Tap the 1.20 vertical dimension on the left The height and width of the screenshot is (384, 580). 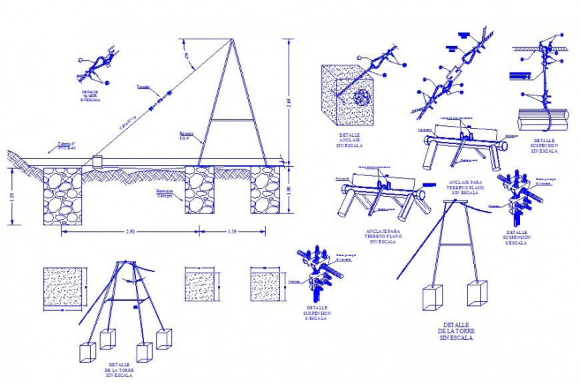pos(12,197)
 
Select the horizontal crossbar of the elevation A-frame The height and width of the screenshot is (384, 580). pos(233,120)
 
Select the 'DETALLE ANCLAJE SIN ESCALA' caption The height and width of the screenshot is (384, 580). pos(350,139)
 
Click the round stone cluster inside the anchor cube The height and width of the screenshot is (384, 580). pos(363,99)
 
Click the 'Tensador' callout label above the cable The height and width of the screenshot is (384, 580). pos(143,87)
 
